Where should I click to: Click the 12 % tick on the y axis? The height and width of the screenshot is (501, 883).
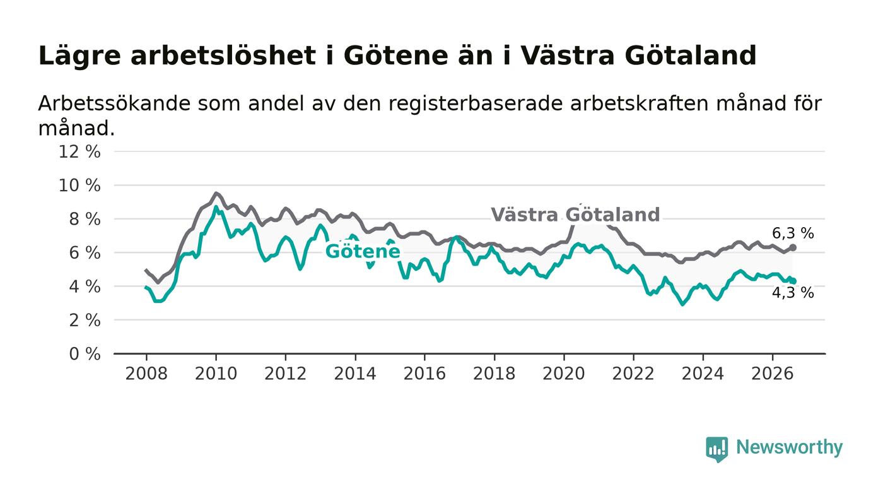pyautogui.click(x=79, y=151)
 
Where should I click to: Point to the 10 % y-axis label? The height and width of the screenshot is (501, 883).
pyautogui.click(x=79, y=186)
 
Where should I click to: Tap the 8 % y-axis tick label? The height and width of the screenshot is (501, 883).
pyautogui.click(x=85, y=219)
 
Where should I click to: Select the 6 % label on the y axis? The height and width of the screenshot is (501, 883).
pyautogui.click(x=85, y=253)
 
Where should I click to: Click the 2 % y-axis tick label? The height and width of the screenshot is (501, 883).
pyautogui.click(x=85, y=321)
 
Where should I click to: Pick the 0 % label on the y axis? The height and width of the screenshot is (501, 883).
pyautogui.click(x=85, y=354)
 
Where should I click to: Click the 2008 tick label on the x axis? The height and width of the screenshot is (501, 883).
pyautogui.click(x=146, y=374)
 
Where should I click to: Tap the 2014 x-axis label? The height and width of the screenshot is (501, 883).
pyautogui.click(x=355, y=374)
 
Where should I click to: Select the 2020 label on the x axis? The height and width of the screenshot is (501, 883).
pyautogui.click(x=564, y=374)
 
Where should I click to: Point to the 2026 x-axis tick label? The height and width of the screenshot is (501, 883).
pyautogui.click(x=772, y=374)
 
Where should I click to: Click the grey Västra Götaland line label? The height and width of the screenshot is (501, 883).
pyautogui.click(x=575, y=215)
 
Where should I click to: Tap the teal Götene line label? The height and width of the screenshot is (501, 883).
pyautogui.click(x=363, y=252)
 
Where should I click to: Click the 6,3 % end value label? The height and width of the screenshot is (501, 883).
pyautogui.click(x=793, y=233)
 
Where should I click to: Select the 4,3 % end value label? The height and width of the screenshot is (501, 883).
pyautogui.click(x=793, y=293)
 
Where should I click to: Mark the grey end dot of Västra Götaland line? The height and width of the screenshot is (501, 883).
pyautogui.click(x=793, y=247)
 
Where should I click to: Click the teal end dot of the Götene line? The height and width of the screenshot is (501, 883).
pyautogui.click(x=793, y=281)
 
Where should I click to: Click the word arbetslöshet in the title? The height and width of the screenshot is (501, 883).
pyautogui.click(x=223, y=56)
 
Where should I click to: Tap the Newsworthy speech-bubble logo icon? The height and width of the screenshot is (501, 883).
pyautogui.click(x=716, y=449)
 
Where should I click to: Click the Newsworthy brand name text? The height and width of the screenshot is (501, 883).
pyautogui.click(x=789, y=447)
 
